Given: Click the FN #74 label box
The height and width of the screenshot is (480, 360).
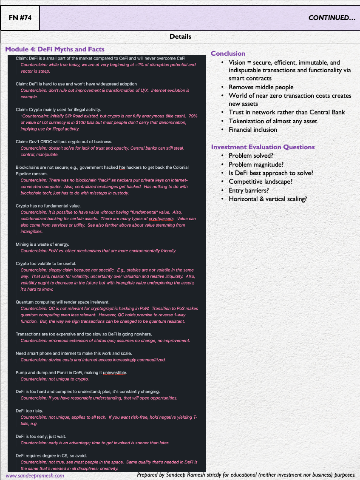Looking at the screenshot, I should (x=20, y=18).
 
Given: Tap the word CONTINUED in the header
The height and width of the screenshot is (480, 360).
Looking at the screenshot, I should (x=332, y=18).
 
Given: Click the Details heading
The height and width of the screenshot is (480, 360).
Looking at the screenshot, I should (x=180, y=37).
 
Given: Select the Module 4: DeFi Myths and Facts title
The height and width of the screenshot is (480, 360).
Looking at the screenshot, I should (x=55, y=49).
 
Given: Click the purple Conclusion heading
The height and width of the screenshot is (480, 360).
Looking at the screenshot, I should (x=228, y=54).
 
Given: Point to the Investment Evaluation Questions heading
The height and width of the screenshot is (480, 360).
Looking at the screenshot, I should (x=263, y=147).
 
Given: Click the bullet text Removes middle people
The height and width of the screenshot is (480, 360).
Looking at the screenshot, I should (x=261, y=87).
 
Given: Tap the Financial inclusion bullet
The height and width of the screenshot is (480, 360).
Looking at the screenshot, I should (x=252, y=130).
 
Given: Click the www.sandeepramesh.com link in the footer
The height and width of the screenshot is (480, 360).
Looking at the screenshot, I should (x=35, y=475).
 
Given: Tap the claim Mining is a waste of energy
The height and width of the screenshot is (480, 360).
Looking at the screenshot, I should (x=42, y=244).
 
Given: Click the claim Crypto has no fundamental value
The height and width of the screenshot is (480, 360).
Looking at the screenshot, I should (x=48, y=206).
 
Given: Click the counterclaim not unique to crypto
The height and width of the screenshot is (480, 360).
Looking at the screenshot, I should (x=54, y=379).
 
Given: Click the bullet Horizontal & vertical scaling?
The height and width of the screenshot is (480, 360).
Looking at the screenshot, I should (x=268, y=199).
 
